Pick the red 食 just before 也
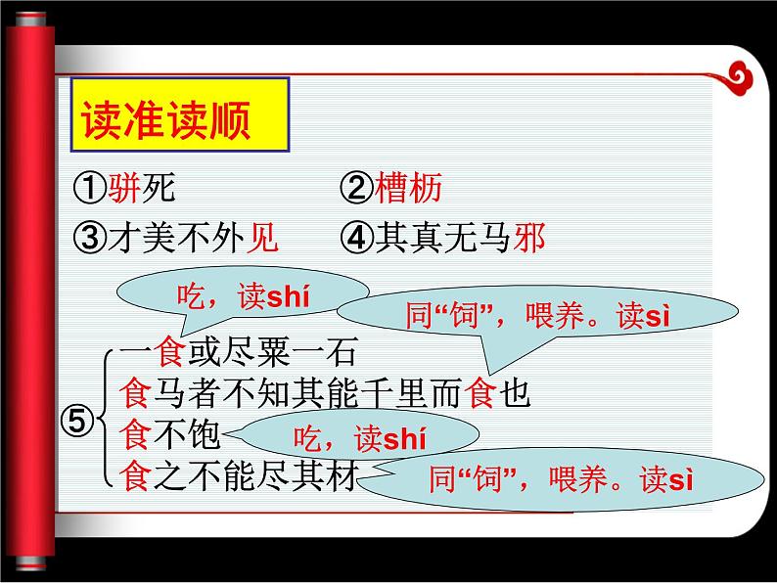(x=486, y=392)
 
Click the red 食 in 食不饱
(x=133, y=432)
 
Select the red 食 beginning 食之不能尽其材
(x=133, y=474)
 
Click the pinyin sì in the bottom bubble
(x=678, y=479)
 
